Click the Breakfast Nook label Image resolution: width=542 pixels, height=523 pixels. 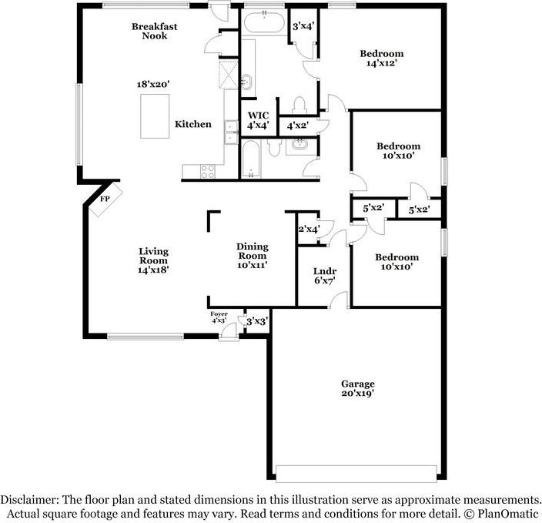(x=154, y=31)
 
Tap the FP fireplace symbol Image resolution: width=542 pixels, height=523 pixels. (x=104, y=199)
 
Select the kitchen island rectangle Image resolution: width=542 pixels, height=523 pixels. (x=155, y=119)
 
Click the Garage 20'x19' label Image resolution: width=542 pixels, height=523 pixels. (x=358, y=388)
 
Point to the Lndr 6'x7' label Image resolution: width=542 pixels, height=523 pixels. (x=323, y=277)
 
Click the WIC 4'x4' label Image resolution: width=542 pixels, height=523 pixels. (x=257, y=120)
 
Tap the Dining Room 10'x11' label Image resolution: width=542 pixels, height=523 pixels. (x=252, y=256)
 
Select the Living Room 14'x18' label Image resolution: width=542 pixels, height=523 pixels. (x=153, y=260)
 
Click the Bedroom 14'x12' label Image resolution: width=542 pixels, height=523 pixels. (x=382, y=59)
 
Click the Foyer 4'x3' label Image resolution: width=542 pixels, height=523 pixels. (x=220, y=317)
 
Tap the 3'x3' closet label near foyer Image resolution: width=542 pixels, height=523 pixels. (x=256, y=321)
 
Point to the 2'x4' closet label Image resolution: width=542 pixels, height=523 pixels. (x=309, y=228)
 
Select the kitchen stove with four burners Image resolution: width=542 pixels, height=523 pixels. (x=208, y=172)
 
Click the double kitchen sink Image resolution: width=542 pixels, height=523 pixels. (x=230, y=132)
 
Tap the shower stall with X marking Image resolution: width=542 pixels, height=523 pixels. (x=229, y=75)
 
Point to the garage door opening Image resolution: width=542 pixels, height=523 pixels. (x=357, y=472)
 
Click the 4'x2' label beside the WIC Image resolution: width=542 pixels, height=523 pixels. (x=299, y=126)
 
